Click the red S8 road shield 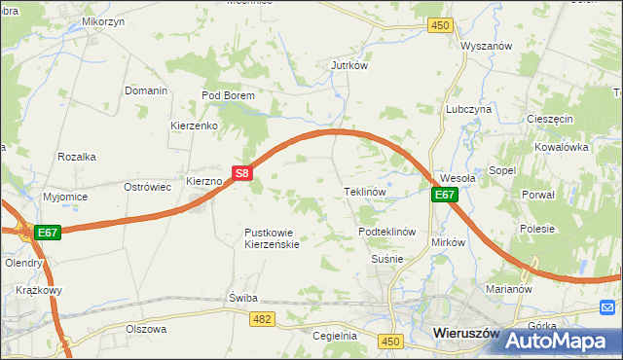[x=243, y=174]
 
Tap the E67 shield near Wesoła [x=444, y=195]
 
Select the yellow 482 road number [x=261, y=318]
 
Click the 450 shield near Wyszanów [x=442, y=25]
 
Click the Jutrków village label [x=348, y=66]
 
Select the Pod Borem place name [x=228, y=95]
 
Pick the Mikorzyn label [x=104, y=20]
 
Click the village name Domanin [x=146, y=90]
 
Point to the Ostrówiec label [x=147, y=186]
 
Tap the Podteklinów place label [x=387, y=232]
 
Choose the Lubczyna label [x=468, y=110]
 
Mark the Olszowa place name [x=146, y=329]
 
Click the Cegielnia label [x=335, y=336]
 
